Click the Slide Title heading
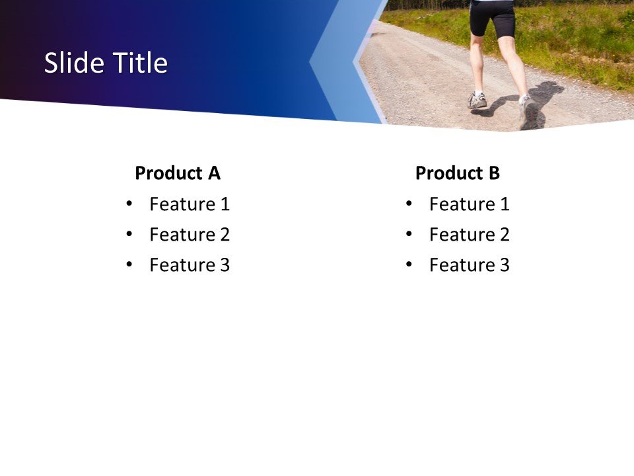coord(106,63)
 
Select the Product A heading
coord(177,173)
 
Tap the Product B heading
coord(457,173)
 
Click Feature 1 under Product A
coord(190,204)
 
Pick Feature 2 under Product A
coord(190,235)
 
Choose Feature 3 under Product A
coord(190,265)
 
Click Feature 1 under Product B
coord(469,204)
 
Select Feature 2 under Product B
coord(469,235)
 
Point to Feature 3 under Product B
coord(469,265)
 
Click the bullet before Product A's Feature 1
coord(129,204)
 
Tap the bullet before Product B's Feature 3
coord(409,264)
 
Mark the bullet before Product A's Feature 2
coord(129,234)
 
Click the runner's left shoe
coord(477,100)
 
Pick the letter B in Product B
coord(493,173)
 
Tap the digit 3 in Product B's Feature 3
coord(504,265)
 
